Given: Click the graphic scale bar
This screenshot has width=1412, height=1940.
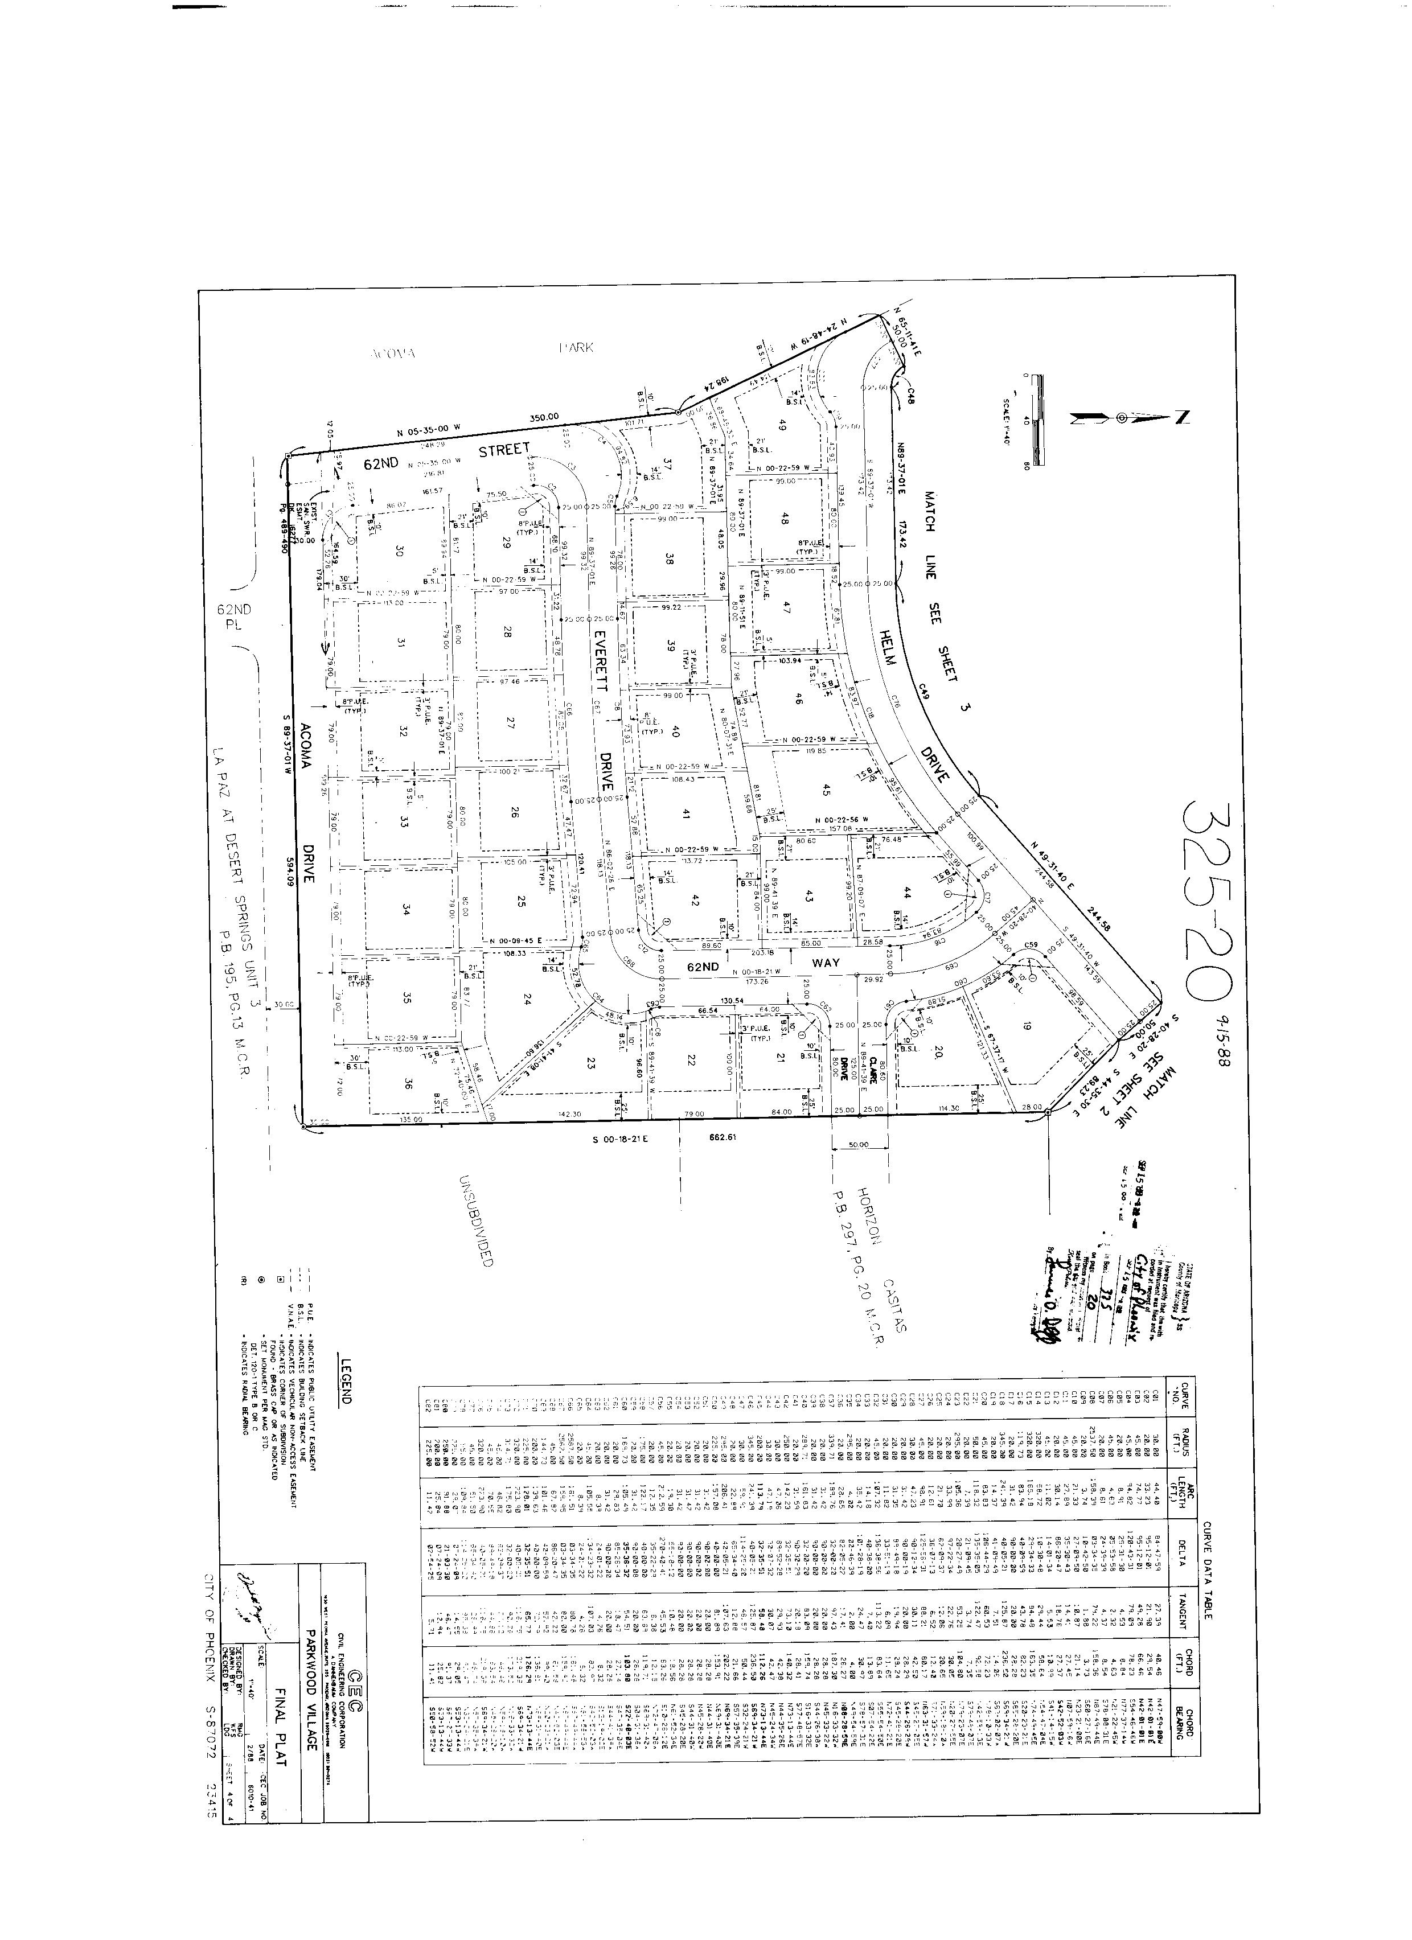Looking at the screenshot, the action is [1037, 419].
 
